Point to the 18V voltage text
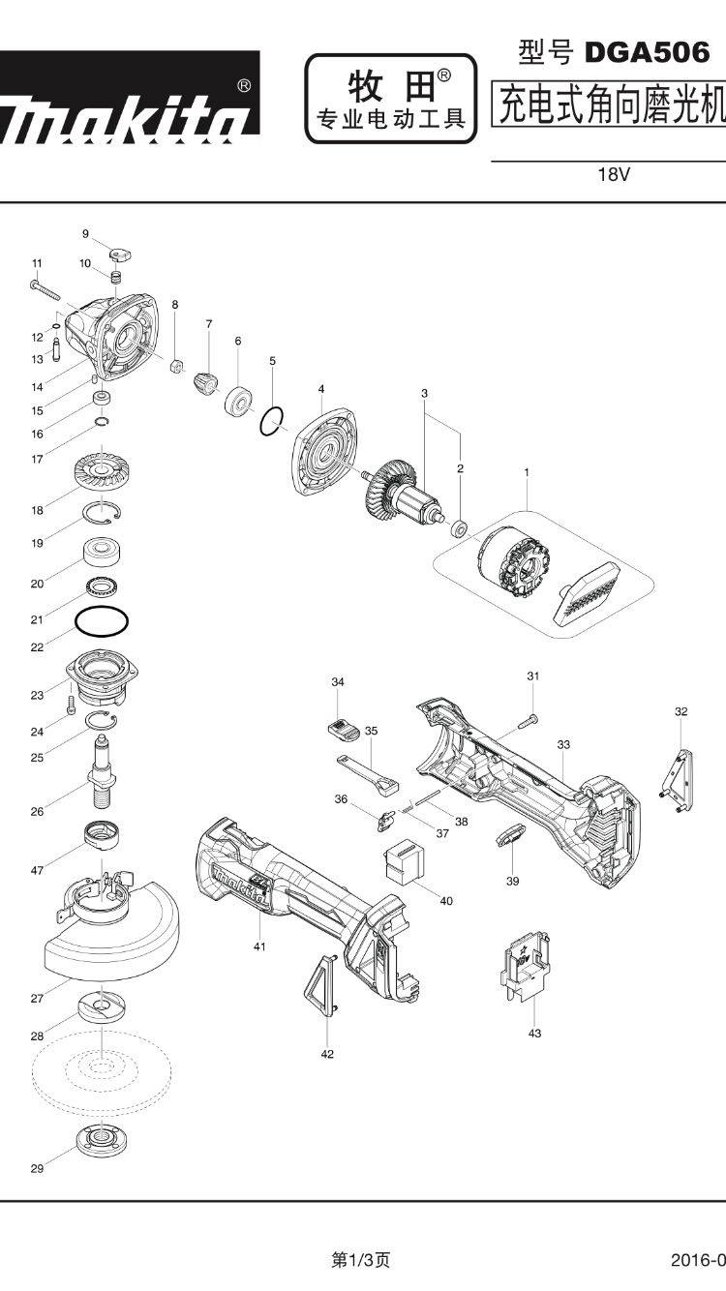click(x=614, y=175)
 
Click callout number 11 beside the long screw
click(x=37, y=263)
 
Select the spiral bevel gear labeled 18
click(x=102, y=472)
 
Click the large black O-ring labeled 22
click(x=102, y=620)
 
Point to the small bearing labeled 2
click(x=460, y=528)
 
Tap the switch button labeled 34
click(x=342, y=724)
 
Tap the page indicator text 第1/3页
click(x=361, y=1260)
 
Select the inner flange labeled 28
click(x=102, y=1006)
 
